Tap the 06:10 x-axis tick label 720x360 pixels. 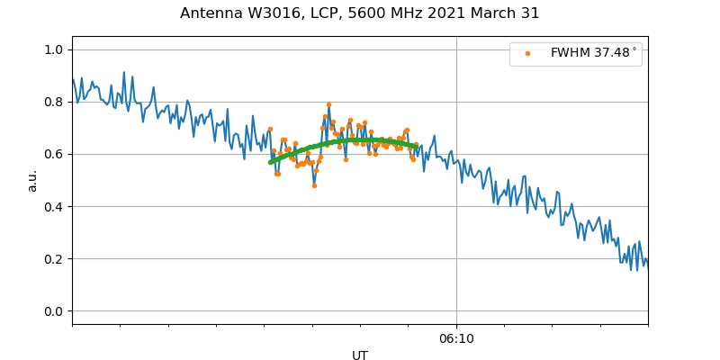[x=456, y=338]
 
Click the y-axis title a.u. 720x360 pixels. [x=32, y=180]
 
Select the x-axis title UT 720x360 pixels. [x=360, y=355]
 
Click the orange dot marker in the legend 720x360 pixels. [x=527, y=53]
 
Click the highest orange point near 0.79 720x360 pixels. [x=328, y=104]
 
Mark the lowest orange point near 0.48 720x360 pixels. [x=314, y=185]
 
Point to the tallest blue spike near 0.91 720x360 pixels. [x=124, y=72]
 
